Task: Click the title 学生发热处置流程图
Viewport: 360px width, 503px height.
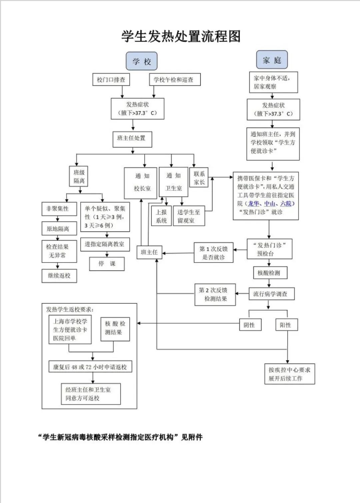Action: [x=181, y=36]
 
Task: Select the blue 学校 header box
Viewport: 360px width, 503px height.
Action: [x=141, y=61]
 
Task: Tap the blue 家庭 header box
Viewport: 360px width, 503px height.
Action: [x=272, y=60]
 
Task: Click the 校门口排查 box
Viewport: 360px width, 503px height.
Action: [x=111, y=80]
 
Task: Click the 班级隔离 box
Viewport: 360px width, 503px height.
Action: [x=79, y=177]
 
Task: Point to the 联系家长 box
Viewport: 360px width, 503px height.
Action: [x=199, y=178]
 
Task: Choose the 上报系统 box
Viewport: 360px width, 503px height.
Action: [x=162, y=216]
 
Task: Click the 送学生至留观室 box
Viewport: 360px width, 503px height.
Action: [x=189, y=216]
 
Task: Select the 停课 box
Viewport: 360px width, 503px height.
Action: [x=107, y=264]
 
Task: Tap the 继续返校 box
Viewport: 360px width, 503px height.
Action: [x=59, y=276]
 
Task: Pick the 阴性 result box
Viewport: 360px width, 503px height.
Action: [x=250, y=325]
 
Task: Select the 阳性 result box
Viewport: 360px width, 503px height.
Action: [x=286, y=325]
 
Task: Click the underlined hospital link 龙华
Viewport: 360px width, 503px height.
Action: [x=253, y=204]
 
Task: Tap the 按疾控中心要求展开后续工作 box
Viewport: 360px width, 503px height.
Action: [x=289, y=374]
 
